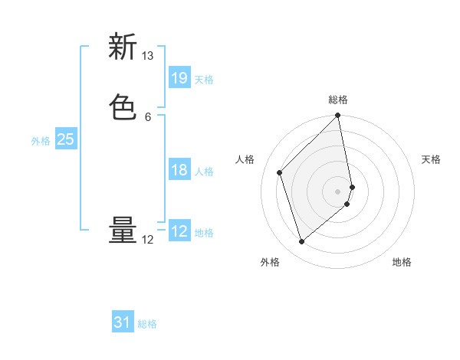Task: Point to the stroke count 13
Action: [148, 56]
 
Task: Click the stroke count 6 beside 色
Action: [148, 116]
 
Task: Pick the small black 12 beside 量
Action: [148, 240]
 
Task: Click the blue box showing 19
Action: [179, 77]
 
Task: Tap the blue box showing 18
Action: [179, 170]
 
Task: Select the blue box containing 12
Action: [179, 231]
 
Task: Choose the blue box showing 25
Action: [66, 139]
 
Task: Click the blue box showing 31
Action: [123, 322]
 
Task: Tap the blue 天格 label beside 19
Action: [204, 80]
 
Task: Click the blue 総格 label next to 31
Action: [147, 325]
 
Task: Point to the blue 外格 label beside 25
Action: [41, 141]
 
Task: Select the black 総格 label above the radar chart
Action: [338, 100]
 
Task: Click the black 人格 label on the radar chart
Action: [245, 159]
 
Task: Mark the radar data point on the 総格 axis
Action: [338, 116]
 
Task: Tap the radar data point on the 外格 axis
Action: [301, 242]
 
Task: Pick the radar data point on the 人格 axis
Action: [280, 172]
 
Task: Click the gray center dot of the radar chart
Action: [338, 191]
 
